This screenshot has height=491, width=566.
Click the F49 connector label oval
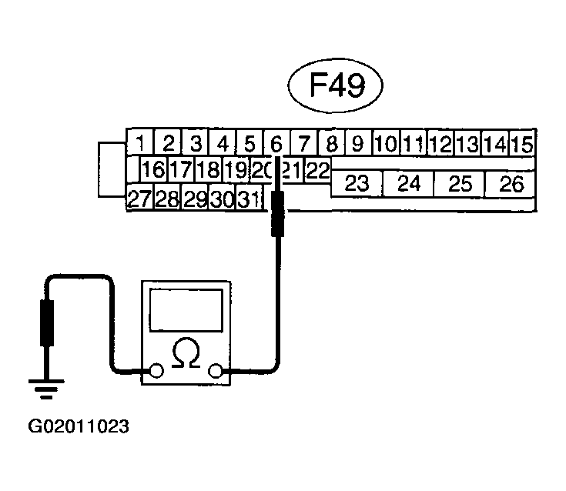click(335, 85)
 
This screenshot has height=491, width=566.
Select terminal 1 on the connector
click(140, 143)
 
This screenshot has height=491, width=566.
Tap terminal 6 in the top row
click(277, 143)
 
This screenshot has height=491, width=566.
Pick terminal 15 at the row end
click(522, 143)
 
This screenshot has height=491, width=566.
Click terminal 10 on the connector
click(387, 143)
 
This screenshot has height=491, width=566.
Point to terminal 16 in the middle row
click(153, 169)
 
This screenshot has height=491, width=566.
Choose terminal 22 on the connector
click(318, 169)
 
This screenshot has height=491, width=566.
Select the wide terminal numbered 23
click(357, 183)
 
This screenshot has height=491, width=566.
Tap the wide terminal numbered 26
click(511, 183)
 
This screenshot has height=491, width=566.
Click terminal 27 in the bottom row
click(140, 197)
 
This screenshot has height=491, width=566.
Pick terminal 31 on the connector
click(250, 197)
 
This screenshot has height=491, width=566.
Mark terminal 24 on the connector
click(408, 183)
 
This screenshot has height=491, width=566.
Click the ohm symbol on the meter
click(186, 353)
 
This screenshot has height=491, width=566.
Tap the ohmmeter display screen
click(186, 310)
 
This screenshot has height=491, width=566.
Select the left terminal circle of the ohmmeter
click(156, 370)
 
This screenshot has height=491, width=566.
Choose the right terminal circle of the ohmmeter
click(216, 370)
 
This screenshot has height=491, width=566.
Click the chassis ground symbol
click(46, 389)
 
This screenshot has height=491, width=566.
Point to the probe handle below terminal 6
click(277, 214)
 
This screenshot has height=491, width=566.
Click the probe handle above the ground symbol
click(46, 323)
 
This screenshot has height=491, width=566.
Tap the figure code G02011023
click(79, 426)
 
